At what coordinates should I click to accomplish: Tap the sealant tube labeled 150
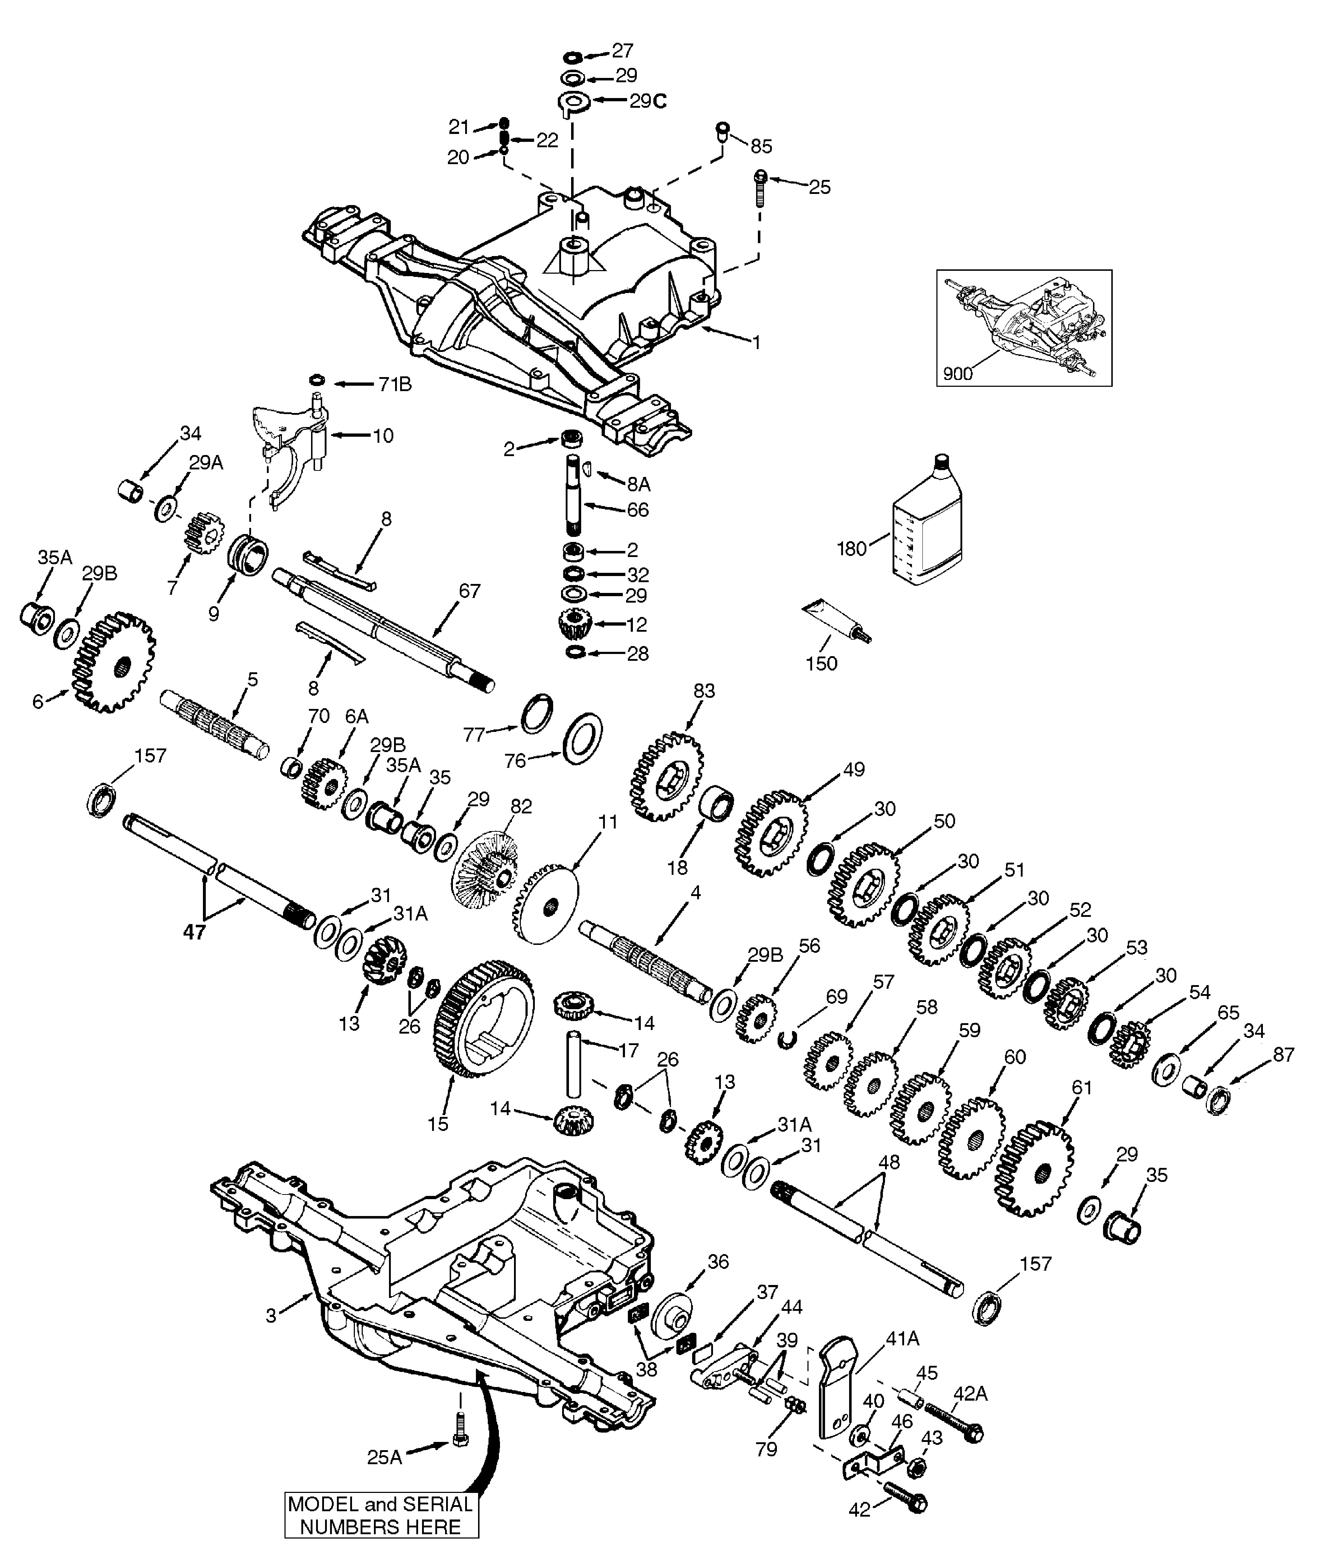pyautogui.click(x=834, y=621)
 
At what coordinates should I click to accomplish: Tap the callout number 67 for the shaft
pyautogui.click(x=469, y=591)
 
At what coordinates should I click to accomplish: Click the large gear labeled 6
pyautogui.click(x=114, y=662)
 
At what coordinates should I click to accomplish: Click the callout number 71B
pyautogui.click(x=394, y=385)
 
